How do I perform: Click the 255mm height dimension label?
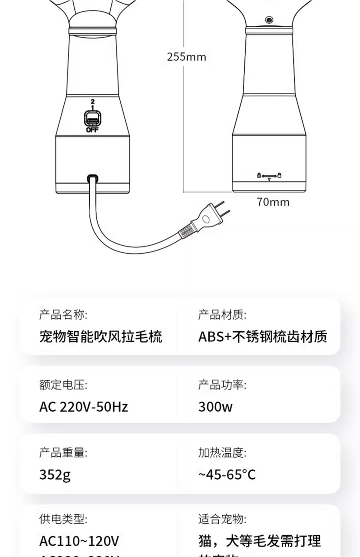(186, 57)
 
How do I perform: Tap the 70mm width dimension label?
(273, 202)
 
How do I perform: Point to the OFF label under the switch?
(92, 130)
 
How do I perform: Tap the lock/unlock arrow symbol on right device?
(269, 175)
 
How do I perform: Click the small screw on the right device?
(269, 20)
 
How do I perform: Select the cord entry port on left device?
(93, 177)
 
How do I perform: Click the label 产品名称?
(63, 314)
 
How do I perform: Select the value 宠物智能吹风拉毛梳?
(101, 337)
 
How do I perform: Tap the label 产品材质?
(222, 314)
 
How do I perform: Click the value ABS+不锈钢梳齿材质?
(262, 337)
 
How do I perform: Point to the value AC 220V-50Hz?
(83, 406)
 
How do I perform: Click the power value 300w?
(215, 406)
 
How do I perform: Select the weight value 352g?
(55, 475)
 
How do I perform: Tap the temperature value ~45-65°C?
(227, 475)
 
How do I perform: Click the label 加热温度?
(222, 453)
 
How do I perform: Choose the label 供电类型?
(63, 519)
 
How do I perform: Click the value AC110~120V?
(79, 541)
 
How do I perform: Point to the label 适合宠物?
(222, 519)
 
